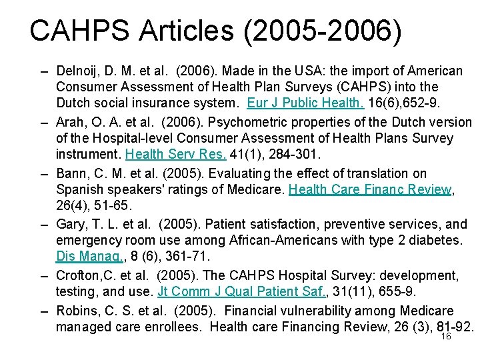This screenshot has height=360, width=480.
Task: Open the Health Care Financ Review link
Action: click(370, 189)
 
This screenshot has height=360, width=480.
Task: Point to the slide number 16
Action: click(446, 337)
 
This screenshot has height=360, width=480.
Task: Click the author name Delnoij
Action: click(78, 71)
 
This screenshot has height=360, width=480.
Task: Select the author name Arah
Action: click(70, 122)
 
